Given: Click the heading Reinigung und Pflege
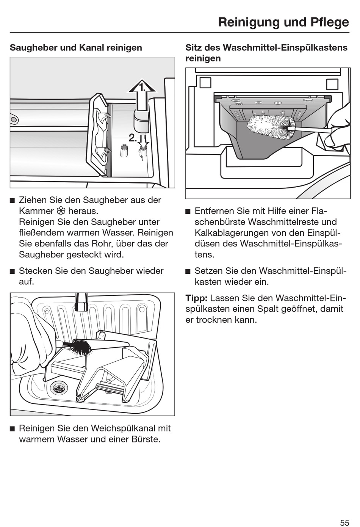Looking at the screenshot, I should click(283, 22).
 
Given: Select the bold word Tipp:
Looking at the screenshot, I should click(196, 298).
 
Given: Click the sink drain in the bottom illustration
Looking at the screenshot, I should click(59, 388).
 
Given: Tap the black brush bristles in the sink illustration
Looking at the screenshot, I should click(81, 347).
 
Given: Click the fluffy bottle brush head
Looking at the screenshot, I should click(271, 127).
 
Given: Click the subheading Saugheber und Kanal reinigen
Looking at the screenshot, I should click(76, 48).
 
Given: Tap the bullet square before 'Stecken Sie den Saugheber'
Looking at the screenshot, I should click(12, 271).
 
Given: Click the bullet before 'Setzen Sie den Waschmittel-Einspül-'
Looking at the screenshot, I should click(188, 271).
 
